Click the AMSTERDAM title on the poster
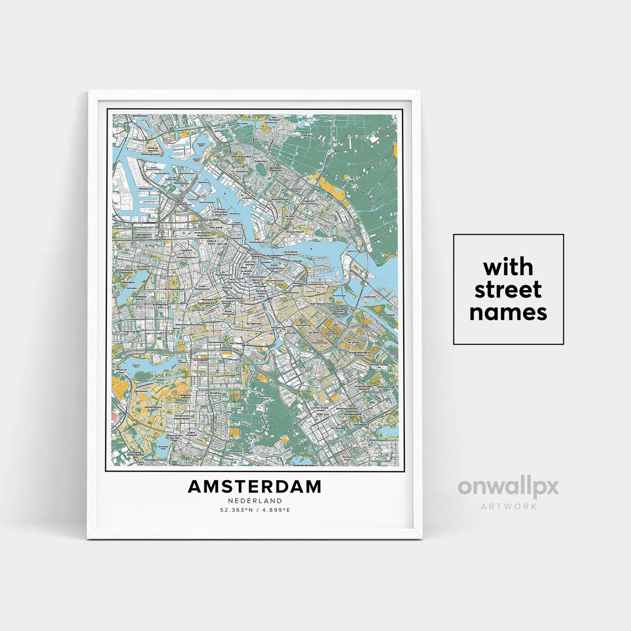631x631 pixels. click(x=255, y=487)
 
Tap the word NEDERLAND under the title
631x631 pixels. click(x=255, y=501)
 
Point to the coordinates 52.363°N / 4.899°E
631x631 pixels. click(x=255, y=510)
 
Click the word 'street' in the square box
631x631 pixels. click(x=508, y=290)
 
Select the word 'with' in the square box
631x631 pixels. click(x=508, y=267)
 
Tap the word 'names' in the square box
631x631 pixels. click(x=508, y=313)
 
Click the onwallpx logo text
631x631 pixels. click(x=508, y=487)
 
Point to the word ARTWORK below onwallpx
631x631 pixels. click(x=508, y=507)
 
